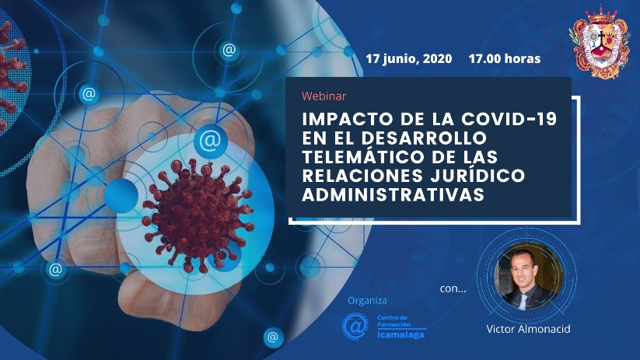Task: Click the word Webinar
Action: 323,96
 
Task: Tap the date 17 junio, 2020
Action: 408,59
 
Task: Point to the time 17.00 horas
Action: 505,59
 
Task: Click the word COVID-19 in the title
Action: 509,119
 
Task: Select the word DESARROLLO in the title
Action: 424,138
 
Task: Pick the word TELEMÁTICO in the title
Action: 363,157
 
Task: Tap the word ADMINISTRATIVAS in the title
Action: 393,194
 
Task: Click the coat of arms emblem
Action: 600,42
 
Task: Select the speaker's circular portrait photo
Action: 529,275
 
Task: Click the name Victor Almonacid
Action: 528,329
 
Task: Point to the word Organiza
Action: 367,301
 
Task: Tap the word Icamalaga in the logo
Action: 400,334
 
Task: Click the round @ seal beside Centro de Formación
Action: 355,326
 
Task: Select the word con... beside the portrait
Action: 453,288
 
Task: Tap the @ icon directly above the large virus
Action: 210,141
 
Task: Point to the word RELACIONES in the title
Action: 362,176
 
